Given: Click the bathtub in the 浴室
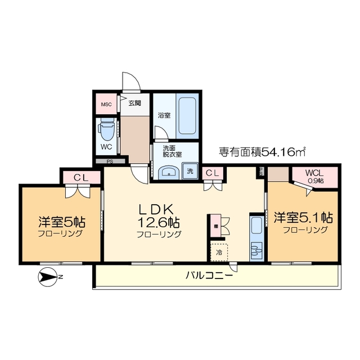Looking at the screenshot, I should click(x=188, y=115).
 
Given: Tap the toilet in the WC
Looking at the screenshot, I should click(x=106, y=131).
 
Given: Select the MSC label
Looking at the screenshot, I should click(x=106, y=105).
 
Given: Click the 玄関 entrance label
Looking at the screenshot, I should click(x=135, y=103).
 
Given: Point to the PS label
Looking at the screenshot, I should click(x=110, y=161).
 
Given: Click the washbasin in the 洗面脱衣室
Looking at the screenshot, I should click(x=168, y=173).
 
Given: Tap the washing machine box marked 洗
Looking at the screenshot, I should click(x=191, y=171).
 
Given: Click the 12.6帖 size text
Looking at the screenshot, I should click(x=160, y=220).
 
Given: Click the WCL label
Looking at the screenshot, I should click(x=315, y=173).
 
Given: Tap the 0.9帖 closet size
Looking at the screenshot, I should click(x=316, y=181).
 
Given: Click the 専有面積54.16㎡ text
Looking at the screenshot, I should click(x=262, y=151).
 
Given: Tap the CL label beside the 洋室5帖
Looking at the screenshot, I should click(x=81, y=177).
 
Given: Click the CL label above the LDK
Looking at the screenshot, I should click(x=212, y=173).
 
